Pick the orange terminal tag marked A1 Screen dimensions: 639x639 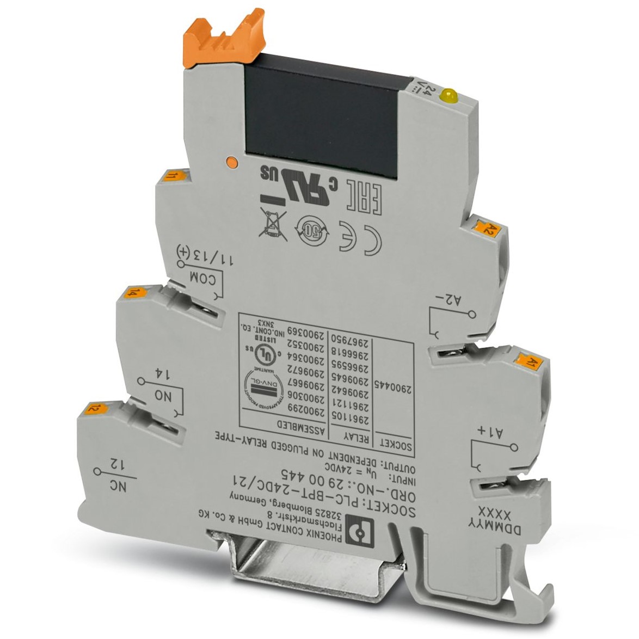tap(529, 360)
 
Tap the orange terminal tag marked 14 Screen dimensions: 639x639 tap(131, 293)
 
